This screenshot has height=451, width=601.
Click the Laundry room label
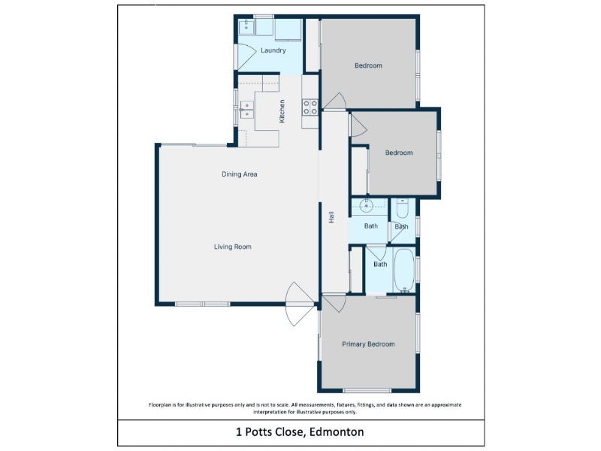point(273,50)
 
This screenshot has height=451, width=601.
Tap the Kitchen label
point(282,111)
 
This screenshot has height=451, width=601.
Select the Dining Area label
point(240,174)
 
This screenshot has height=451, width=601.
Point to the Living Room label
point(233,247)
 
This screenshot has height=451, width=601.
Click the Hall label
point(331,217)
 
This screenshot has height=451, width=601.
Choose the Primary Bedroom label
point(368,344)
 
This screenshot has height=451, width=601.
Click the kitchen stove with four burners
point(310,107)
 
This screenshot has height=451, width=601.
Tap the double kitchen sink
point(247,110)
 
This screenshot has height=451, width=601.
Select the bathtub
point(404,271)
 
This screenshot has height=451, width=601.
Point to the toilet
point(403,208)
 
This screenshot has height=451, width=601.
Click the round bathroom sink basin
point(367,206)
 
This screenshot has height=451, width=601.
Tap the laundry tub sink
point(246,27)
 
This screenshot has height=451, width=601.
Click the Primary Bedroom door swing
point(334,303)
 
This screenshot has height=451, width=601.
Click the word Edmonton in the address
point(337,431)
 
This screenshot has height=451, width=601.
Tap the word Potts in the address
point(257,432)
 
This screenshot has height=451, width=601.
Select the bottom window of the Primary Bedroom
point(367,391)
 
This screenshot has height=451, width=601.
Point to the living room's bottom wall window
point(202,304)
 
